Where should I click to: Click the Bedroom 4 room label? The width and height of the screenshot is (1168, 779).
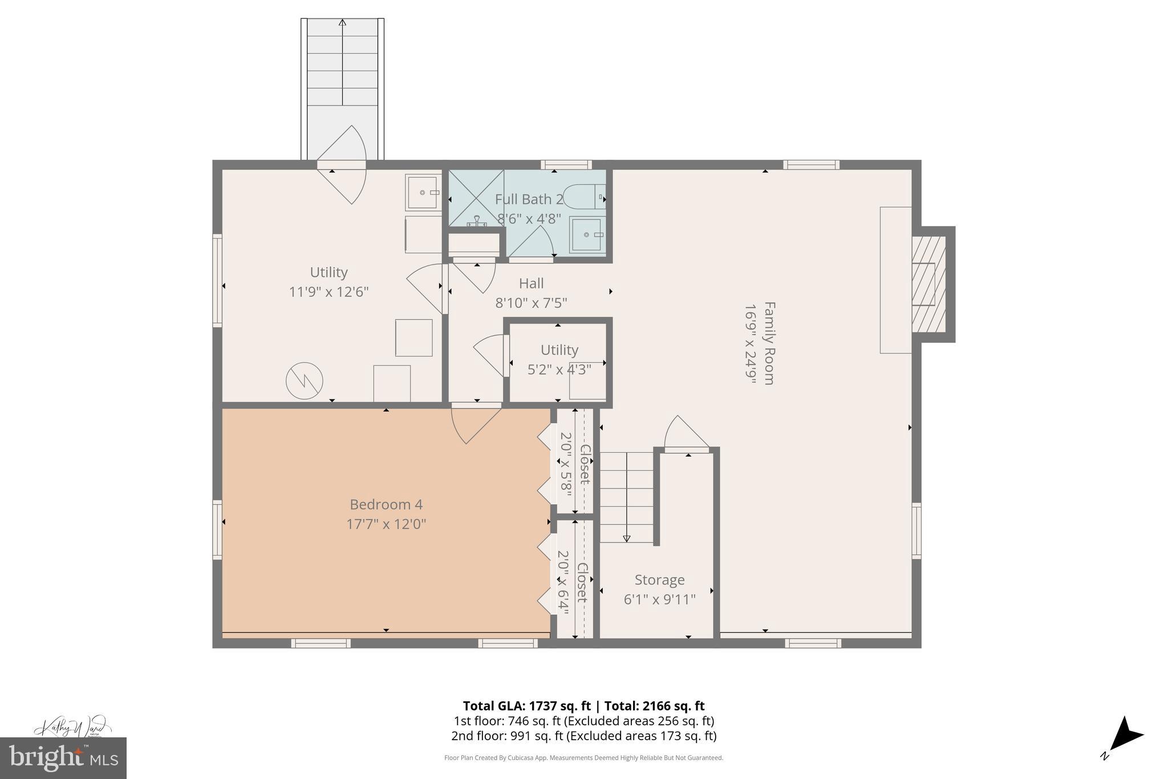tap(386, 504)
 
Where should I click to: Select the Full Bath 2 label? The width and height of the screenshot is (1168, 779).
tap(529, 199)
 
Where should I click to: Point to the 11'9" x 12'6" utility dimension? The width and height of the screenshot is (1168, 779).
tap(328, 292)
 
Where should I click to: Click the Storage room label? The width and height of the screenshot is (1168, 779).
tap(659, 580)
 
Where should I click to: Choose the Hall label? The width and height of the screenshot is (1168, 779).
tap(531, 283)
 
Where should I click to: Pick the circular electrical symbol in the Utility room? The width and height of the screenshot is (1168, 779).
tap(304, 381)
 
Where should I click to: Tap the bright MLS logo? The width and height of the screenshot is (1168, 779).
tap(63, 758)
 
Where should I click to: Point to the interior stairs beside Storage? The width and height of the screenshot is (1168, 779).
tap(626, 497)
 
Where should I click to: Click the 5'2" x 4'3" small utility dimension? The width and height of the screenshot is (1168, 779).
tap(559, 369)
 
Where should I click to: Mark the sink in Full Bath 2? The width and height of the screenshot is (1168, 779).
tap(587, 234)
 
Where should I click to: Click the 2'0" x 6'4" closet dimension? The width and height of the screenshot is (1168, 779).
tap(563, 582)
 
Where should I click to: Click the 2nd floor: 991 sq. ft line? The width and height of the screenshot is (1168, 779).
tap(583, 736)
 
